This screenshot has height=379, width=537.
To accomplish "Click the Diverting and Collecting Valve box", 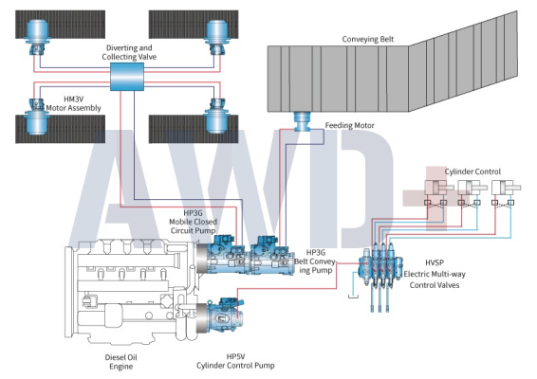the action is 127,77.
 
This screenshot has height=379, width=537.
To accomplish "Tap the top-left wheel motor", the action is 37,37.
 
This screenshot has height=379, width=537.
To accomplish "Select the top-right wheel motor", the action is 216,37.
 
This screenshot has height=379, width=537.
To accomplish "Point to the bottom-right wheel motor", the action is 216,116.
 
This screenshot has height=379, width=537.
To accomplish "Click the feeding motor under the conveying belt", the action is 303,121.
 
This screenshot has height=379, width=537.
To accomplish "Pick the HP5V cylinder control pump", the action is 220,316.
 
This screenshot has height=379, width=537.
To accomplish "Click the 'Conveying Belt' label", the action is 368,40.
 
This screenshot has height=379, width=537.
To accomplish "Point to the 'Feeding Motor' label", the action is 350,125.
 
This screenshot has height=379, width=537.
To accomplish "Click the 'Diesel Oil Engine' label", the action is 120,362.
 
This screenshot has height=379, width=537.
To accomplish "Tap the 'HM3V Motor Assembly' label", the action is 74,103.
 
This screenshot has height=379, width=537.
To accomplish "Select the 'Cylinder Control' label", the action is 472,171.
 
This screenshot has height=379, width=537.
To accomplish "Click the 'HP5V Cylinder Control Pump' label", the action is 235,361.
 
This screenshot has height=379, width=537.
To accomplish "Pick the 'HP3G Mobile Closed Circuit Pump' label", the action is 194,222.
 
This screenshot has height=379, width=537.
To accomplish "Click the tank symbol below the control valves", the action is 353,297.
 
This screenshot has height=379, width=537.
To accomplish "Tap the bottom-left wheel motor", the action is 37,116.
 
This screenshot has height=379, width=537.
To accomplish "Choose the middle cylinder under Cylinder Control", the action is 472,188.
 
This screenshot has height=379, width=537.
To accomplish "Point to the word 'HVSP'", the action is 435,262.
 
